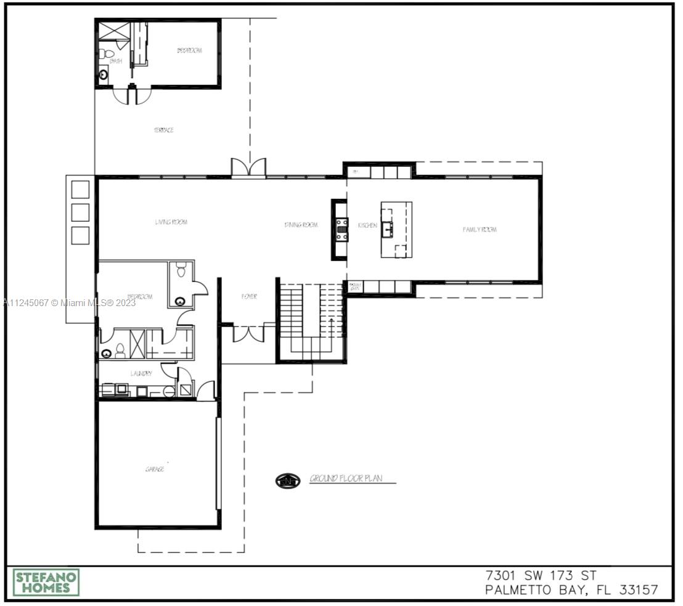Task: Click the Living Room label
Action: (x=171, y=222)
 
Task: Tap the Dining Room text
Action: (x=301, y=225)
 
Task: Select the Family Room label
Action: (x=480, y=230)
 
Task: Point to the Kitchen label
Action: (x=367, y=225)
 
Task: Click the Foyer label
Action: (x=249, y=297)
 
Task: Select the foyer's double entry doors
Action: (x=248, y=333)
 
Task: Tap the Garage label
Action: (x=154, y=469)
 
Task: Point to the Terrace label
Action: (x=163, y=130)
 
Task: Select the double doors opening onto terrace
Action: (x=248, y=168)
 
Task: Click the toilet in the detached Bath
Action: (x=103, y=53)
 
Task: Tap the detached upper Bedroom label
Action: (x=189, y=50)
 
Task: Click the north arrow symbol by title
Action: (x=287, y=480)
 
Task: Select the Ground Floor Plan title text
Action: (x=346, y=479)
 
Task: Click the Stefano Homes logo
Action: (x=46, y=582)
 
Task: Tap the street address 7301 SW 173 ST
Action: (x=541, y=576)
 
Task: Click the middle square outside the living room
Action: (x=80, y=212)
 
